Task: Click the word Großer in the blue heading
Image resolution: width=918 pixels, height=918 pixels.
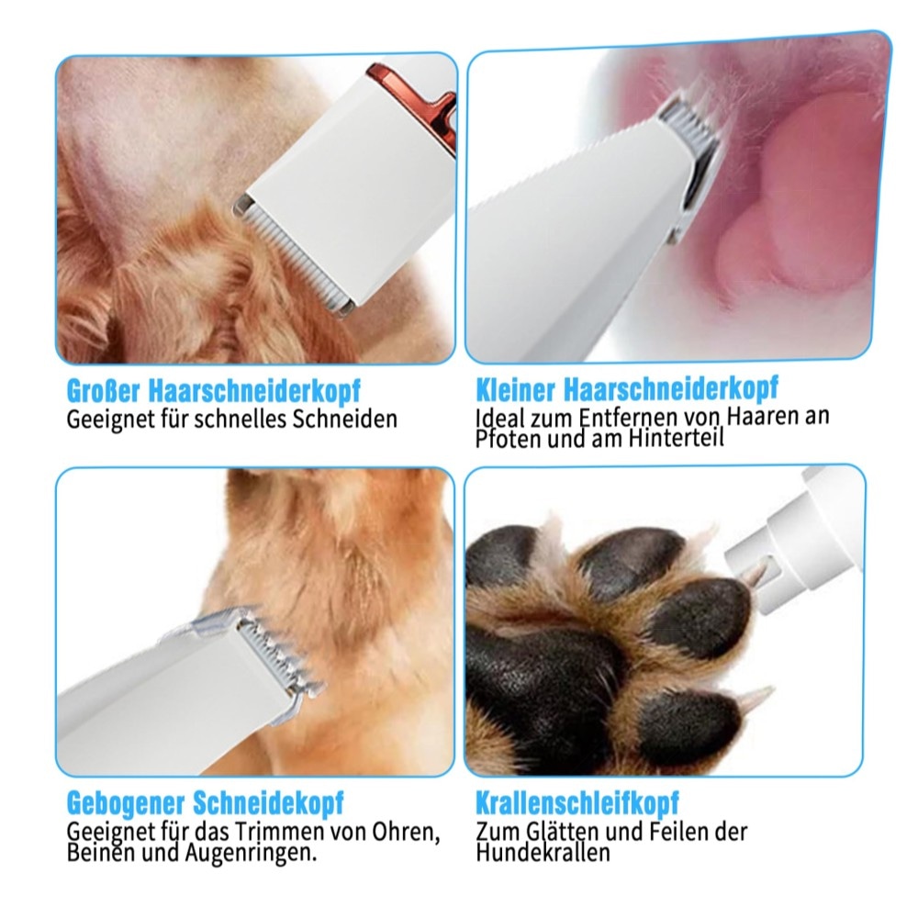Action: pyautogui.click(x=103, y=391)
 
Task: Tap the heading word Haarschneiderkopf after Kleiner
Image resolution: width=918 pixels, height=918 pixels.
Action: pyautogui.click(x=671, y=388)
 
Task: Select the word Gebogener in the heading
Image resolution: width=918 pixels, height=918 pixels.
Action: pyautogui.click(x=125, y=802)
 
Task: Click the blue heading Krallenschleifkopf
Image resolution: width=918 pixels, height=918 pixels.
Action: pyautogui.click(x=577, y=803)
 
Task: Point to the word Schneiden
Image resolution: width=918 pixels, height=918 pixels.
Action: pyautogui.click(x=345, y=420)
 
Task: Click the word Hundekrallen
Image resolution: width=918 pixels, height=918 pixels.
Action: pyautogui.click(x=543, y=853)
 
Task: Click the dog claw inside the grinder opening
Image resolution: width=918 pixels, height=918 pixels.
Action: pyautogui.click(x=756, y=574)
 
